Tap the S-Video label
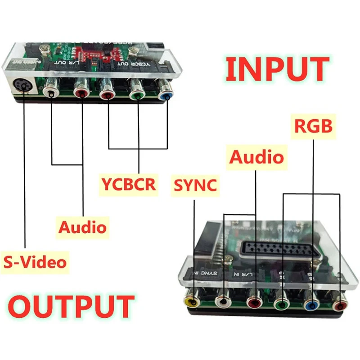35,261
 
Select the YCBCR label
128,184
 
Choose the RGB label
313,126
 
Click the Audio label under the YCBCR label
83,226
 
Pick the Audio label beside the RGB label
256,157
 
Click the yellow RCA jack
194,302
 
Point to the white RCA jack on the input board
224,303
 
